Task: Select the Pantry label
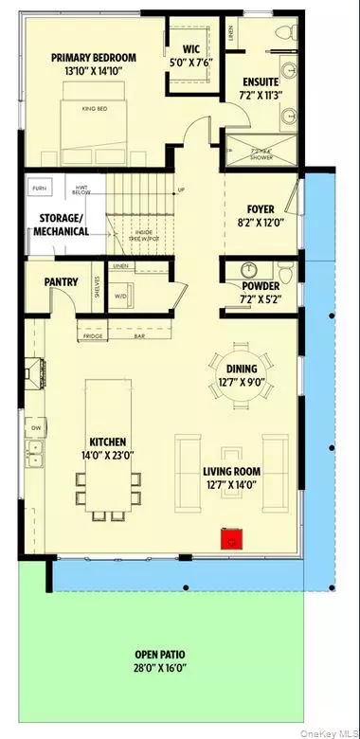60,281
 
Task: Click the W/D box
119,297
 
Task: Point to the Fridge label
92,335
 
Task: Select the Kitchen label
109,442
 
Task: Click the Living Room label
231,470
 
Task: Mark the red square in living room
229,541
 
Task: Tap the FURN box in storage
39,189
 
